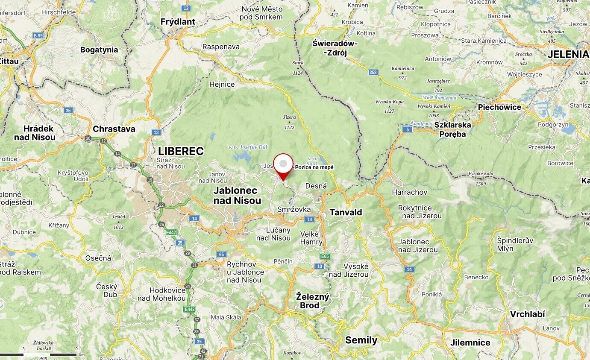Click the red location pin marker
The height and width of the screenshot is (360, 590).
pyautogui.click(x=283, y=165)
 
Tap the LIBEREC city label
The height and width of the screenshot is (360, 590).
pyautogui.click(x=181, y=151)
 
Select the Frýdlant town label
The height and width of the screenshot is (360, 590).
pyautogui.click(x=178, y=21)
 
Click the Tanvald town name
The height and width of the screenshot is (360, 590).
pyautogui.click(x=346, y=212)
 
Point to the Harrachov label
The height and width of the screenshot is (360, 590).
pyautogui.click(x=409, y=192)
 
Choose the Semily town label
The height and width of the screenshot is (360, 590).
pyautogui.click(x=361, y=340)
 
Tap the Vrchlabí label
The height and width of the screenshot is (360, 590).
pyautogui.click(x=527, y=314)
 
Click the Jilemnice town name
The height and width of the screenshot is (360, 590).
pyautogui.click(x=470, y=342)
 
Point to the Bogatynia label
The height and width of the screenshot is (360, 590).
pyautogui.click(x=99, y=50)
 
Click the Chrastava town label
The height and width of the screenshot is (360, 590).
pyautogui.click(x=114, y=129)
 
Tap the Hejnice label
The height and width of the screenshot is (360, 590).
pyautogui.click(x=222, y=85)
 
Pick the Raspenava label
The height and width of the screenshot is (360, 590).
pyautogui.click(x=221, y=47)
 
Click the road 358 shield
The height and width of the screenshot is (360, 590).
pyautogui.click(x=373, y=73)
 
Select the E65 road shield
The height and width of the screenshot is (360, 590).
pyautogui.click(x=325, y=256)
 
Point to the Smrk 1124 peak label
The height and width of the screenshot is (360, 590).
pyautogui.click(x=298, y=68)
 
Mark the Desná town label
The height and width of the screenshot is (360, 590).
pyautogui.click(x=316, y=186)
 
